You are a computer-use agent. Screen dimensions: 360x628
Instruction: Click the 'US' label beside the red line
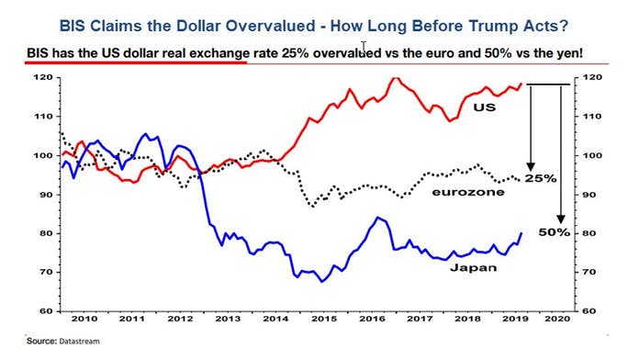pos(484,108)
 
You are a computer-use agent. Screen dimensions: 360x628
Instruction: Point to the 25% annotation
pos(540,178)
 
